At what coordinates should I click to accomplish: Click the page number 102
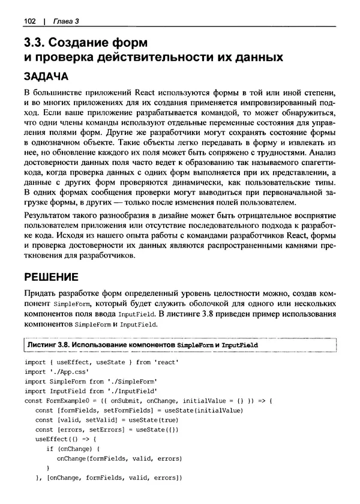(30, 22)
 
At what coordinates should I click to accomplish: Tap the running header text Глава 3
(66, 22)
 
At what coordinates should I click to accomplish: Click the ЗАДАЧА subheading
(46, 78)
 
